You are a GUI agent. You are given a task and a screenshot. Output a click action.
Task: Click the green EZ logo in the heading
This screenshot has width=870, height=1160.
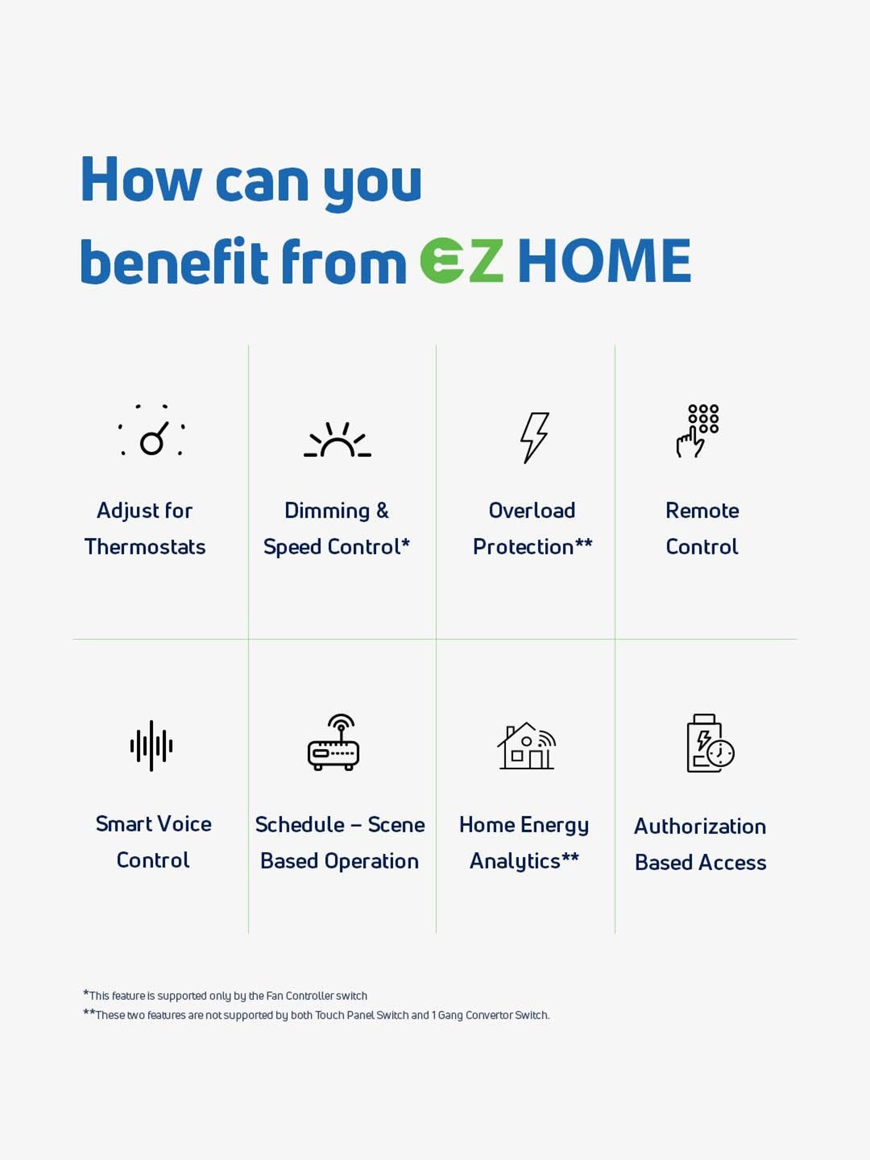(x=462, y=260)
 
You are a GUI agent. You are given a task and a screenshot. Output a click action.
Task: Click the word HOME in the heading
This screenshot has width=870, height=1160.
(x=604, y=260)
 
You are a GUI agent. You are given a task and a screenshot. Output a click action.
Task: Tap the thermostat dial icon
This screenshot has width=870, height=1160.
(x=151, y=432)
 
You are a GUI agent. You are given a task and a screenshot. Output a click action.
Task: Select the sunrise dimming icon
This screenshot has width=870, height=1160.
(x=338, y=440)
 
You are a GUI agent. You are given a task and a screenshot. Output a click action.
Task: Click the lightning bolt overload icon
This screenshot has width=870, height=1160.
(x=534, y=437)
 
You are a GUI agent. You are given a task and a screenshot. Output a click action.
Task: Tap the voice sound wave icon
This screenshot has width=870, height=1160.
(x=151, y=746)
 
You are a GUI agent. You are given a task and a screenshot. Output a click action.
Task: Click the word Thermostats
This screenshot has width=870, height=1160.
(x=145, y=547)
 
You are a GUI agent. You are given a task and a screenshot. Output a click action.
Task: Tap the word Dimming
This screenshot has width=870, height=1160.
(x=327, y=511)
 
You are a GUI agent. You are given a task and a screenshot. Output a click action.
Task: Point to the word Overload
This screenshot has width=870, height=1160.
(x=532, y=510)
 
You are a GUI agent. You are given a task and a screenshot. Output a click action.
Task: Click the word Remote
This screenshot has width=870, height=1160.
(x=702, y=510)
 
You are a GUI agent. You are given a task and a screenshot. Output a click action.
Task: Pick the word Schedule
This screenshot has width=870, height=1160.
(x=300, y=825)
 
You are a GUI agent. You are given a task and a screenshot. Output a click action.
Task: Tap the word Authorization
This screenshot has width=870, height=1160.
(x=700, y=826)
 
